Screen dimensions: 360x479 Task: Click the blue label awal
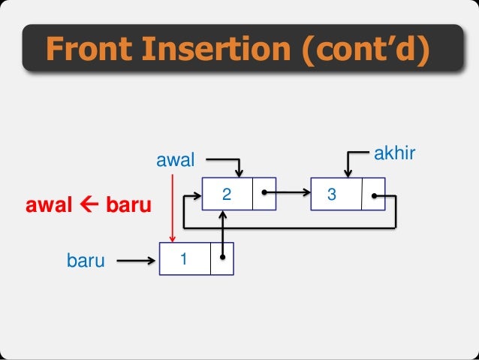[174, 159]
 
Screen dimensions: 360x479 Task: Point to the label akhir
[395, 154]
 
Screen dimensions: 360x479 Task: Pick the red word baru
[127, 204]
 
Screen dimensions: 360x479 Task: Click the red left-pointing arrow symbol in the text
[86, 204]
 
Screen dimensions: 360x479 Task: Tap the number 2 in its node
[225, 194]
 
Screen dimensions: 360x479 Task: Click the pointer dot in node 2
[264, 193]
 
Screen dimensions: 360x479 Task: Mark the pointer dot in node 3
[374, 196]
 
